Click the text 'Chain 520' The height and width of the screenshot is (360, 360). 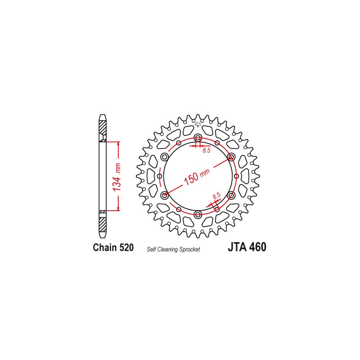tap(113, 247)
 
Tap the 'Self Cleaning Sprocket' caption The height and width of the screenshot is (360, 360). tap(173, 249)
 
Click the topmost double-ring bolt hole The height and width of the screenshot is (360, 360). tap(198, 138)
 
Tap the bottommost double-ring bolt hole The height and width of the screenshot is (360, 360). tap(198, 215)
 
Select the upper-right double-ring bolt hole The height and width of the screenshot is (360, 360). tap(231, 157)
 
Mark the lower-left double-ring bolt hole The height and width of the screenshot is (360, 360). tap(164, 195)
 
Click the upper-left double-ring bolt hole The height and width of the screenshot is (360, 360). tap(164, 157)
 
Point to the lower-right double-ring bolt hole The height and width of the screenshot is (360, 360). tap(231, 195)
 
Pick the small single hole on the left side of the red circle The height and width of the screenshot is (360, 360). tap(160, 176)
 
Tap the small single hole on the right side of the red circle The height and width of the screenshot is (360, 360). tap(236, 176)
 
